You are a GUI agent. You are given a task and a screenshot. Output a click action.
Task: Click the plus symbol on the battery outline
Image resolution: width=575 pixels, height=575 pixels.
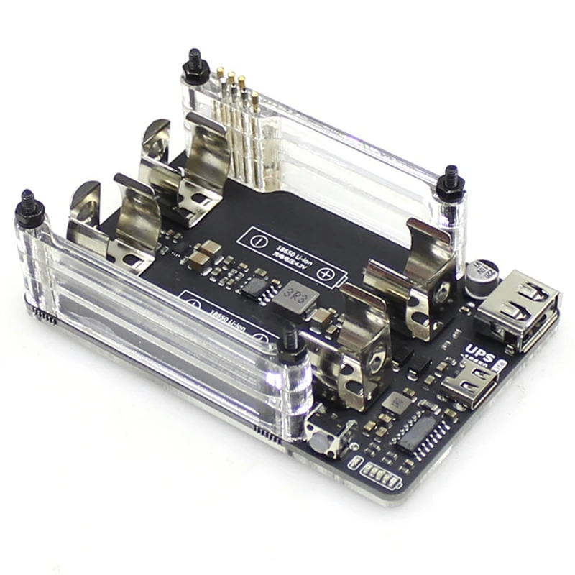[x=325, y=275]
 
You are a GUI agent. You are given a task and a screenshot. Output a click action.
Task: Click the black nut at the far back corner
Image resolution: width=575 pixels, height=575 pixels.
[x=193, y=65]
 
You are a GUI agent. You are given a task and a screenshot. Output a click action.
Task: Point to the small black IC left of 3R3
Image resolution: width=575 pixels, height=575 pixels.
[x=253, y=286]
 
